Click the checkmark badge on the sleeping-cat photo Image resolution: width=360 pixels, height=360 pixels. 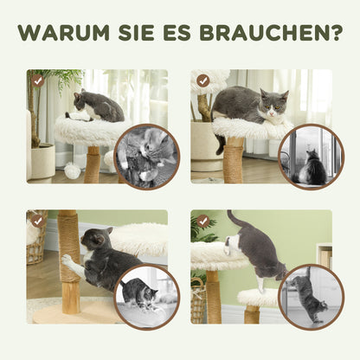pyautogui.click(x=202, y=80)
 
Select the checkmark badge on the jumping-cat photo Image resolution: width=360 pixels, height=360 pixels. pyautogui.click(x=202, y=221)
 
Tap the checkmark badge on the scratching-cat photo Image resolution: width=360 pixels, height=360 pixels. pyautogui.click(x=38, y=221)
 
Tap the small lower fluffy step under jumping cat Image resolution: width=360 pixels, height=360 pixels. pyautogui.click(x=260, y=299)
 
